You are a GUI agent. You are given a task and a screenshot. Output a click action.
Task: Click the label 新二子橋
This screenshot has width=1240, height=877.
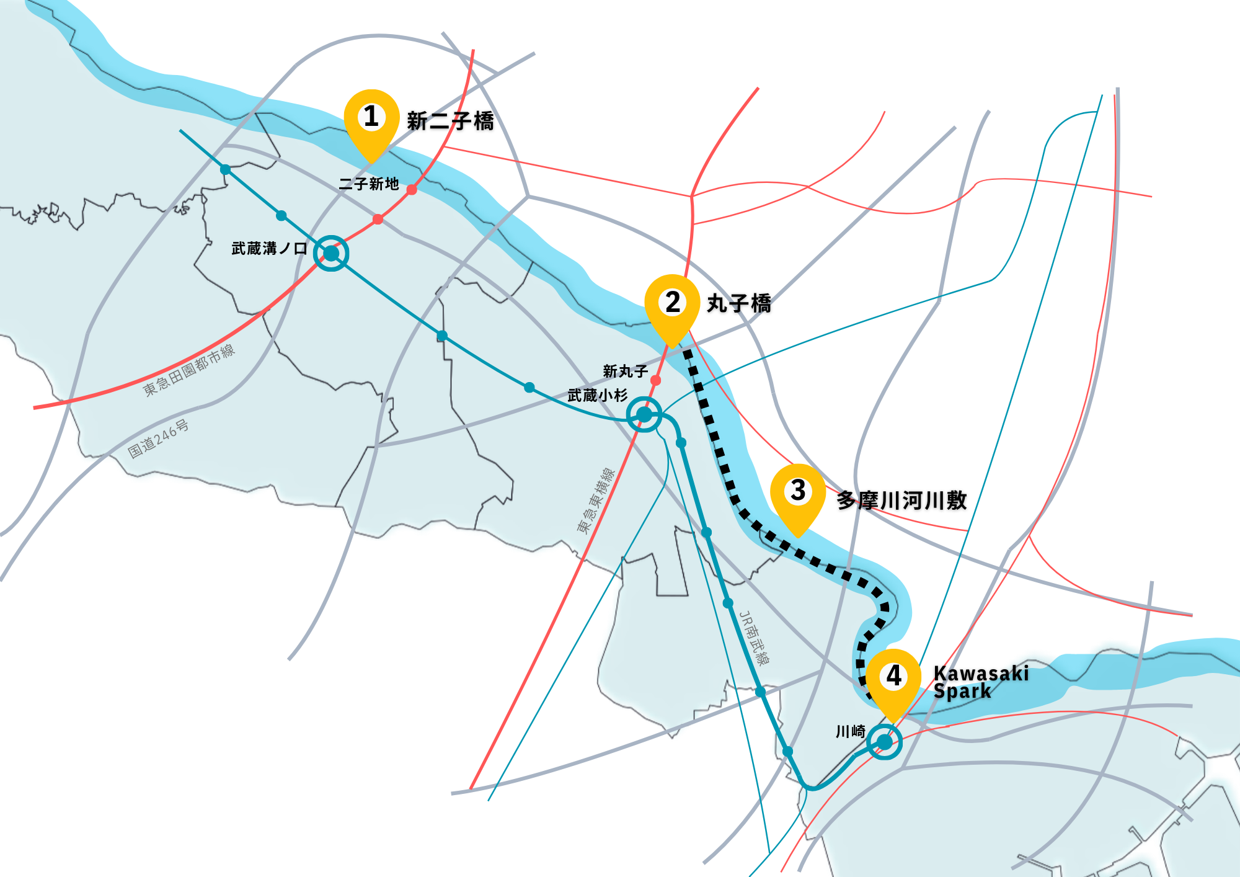tap(450, 121)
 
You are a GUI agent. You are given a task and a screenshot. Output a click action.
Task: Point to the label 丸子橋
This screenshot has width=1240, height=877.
tap(739, 304)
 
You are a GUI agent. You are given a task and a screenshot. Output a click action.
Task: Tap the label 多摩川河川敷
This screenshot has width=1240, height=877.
tap(901, 501)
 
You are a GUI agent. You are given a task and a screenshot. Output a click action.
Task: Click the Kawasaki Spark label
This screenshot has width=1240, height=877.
tap(980, 682)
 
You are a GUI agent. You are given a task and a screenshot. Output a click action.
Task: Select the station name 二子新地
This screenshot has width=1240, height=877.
tap(369, 184)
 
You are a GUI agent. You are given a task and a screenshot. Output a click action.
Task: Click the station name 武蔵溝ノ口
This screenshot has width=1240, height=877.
tap(269, 249)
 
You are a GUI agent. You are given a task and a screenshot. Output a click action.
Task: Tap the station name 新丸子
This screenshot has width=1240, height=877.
tap(625, 372)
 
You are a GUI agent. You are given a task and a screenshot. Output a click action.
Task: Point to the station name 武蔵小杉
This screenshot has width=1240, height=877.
tap(598, 395)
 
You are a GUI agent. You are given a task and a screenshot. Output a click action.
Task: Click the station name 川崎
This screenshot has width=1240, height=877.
tap(850, 732)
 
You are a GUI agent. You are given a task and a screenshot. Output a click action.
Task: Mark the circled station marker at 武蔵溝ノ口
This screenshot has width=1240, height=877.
tap(331, 253)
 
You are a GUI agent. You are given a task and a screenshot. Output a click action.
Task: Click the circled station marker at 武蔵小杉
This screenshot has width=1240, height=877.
tap(644, 414)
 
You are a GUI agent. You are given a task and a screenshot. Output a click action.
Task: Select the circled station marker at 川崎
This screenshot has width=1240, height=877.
tap(884, 742)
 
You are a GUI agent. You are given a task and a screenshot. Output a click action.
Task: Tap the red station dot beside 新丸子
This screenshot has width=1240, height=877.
tap(655, 380)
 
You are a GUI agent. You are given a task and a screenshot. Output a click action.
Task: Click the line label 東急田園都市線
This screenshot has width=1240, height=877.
tap(189, 370)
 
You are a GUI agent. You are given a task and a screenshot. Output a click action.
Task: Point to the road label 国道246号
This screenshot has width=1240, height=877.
tap(158, 439)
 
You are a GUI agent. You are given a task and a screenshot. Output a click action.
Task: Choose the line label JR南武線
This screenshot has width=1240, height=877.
tap(755, 638)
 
